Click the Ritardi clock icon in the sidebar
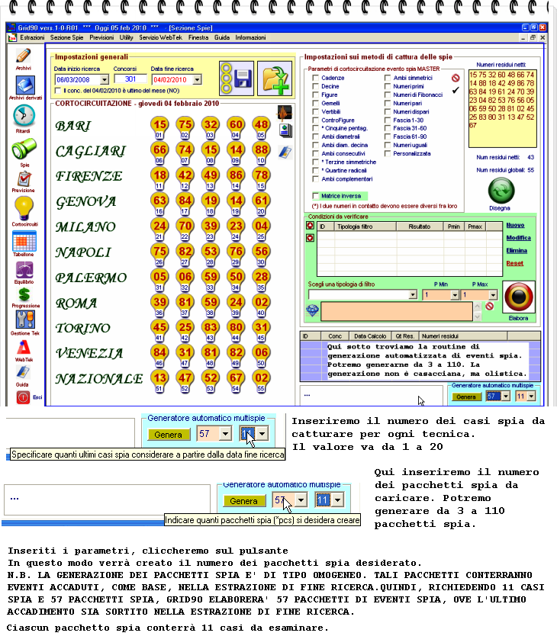coord(24,115)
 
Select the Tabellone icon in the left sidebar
coord(24,241)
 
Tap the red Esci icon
coord(24,397)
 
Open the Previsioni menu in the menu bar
coord(101,37)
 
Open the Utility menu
coord(126,37)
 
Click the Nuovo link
coord(516,225)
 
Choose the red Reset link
coord(515,263)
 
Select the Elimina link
coord(517,250)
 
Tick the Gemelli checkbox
coord(316,103)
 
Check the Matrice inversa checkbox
coord(316,196)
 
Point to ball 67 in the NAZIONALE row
coord(236,378)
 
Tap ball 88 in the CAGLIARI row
coord(261,150)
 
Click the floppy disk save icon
coord(243,78)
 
